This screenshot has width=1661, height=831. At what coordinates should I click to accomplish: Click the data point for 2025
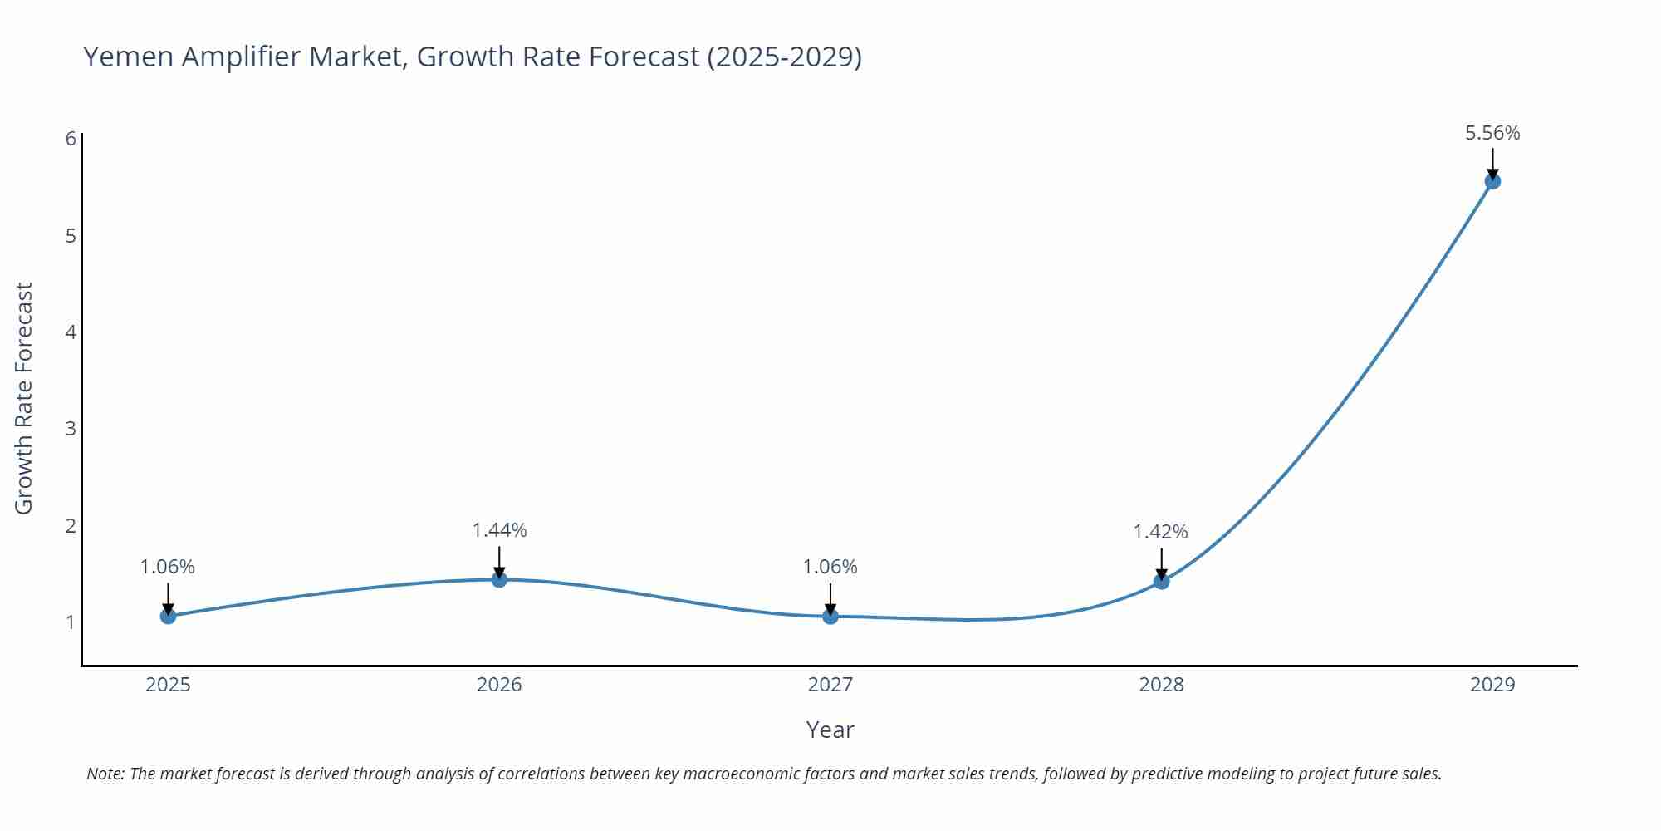168,616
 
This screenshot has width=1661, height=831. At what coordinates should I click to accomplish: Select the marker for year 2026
499,579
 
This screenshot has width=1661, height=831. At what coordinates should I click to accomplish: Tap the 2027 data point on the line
830,616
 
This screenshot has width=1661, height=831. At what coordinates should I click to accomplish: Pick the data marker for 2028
1161,581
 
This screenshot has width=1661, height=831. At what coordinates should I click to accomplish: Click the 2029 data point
1492,181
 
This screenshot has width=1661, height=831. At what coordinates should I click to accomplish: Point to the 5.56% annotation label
1492,133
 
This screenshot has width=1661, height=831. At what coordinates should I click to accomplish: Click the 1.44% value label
499,530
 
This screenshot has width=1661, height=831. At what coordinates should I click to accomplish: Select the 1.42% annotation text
1161,532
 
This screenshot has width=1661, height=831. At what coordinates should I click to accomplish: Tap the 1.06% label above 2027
830,567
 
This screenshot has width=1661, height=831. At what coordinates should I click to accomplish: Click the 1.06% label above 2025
168,567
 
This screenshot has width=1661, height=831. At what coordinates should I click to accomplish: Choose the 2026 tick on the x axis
499,685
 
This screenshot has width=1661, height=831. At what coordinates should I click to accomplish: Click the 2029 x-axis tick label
1492,685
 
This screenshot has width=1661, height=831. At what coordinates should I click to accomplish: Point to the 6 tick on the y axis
71,139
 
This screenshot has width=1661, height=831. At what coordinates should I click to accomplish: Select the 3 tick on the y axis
71,429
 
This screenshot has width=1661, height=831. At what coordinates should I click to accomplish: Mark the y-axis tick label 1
71,622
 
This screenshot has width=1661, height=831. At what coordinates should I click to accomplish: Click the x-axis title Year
830,730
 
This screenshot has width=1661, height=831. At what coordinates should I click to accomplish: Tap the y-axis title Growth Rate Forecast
24,399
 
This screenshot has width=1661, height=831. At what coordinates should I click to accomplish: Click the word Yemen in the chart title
129,57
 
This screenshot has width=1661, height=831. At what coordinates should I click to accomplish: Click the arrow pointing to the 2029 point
1492,163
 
